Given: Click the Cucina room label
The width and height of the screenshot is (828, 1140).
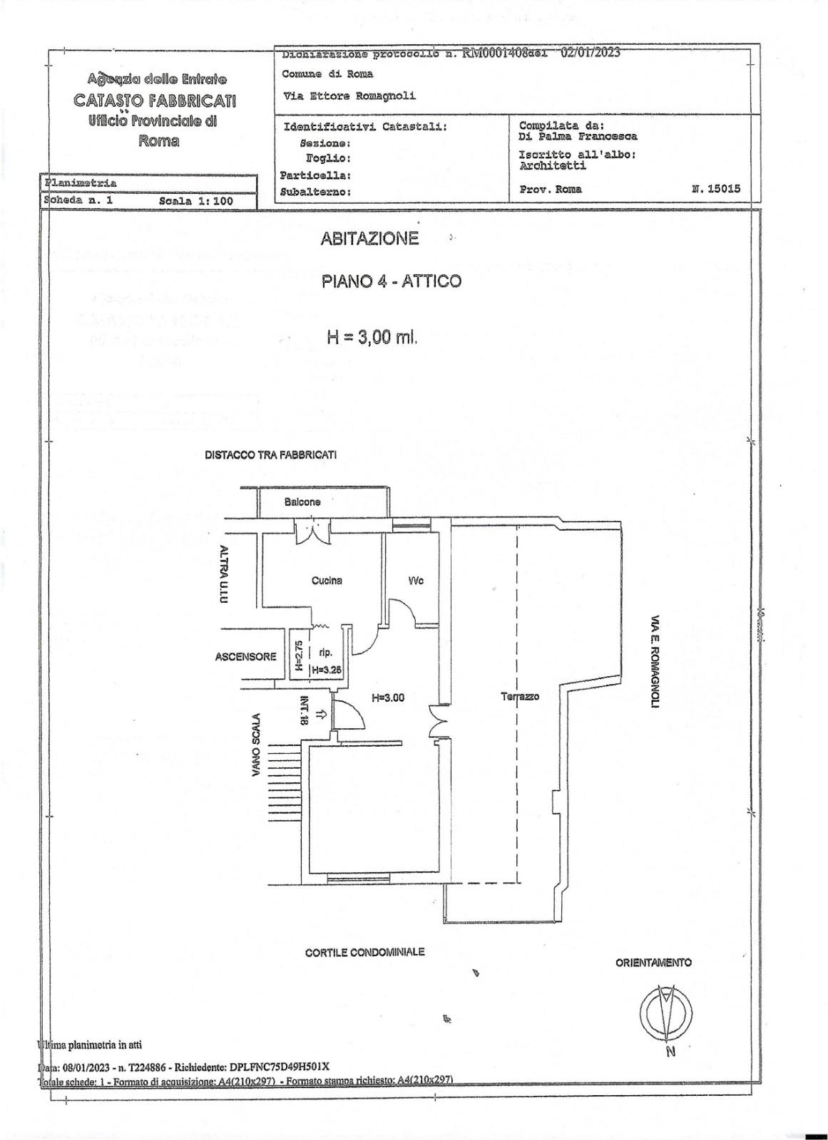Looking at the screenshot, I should pyautogui.click(x=327, y=580).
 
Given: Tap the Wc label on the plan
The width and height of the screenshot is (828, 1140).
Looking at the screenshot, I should pyautogui.click(x=416, y=581).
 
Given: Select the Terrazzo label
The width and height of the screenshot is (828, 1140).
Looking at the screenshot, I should pyautogui.click(x=520, y=696).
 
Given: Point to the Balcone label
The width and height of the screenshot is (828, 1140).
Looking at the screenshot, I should pyautogui.click(x=302, y=502).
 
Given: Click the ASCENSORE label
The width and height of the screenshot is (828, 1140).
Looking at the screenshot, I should pyautogui.click(x=245, y=656).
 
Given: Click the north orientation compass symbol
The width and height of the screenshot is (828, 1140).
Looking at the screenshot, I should pyautogui.click(x=665, y=1012).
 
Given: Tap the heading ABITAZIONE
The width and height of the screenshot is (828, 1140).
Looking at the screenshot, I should pyautogui.click(x=369, y=239).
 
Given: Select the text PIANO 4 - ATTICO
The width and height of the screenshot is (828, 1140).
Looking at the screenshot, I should pyautogui.click(x=392, y=281).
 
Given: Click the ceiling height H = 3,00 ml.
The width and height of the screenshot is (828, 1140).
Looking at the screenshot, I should pyautogui.click(x=371, y=337).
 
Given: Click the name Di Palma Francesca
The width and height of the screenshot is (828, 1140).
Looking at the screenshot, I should pyautogui.click(x=578, y=136).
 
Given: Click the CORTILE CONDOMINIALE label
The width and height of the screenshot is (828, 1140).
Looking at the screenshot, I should pyautogui.click(x=364, y=952).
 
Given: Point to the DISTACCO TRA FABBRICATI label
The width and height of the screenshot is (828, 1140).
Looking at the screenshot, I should pyautogui.click(x=271, y=455).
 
